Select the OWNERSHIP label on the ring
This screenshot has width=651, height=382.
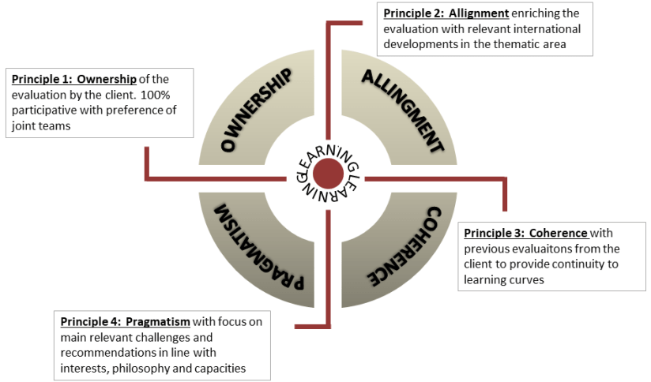click(x=258, y=110)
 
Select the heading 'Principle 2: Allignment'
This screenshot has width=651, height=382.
click(x=446, y=14)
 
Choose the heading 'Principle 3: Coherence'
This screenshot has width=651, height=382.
click(x=525, y=233)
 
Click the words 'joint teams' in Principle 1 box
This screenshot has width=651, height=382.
click(x=35, y=125)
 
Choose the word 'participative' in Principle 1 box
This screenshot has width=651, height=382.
click(x=45, y=110)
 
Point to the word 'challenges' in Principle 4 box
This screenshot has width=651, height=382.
click(x=159, y=336)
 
